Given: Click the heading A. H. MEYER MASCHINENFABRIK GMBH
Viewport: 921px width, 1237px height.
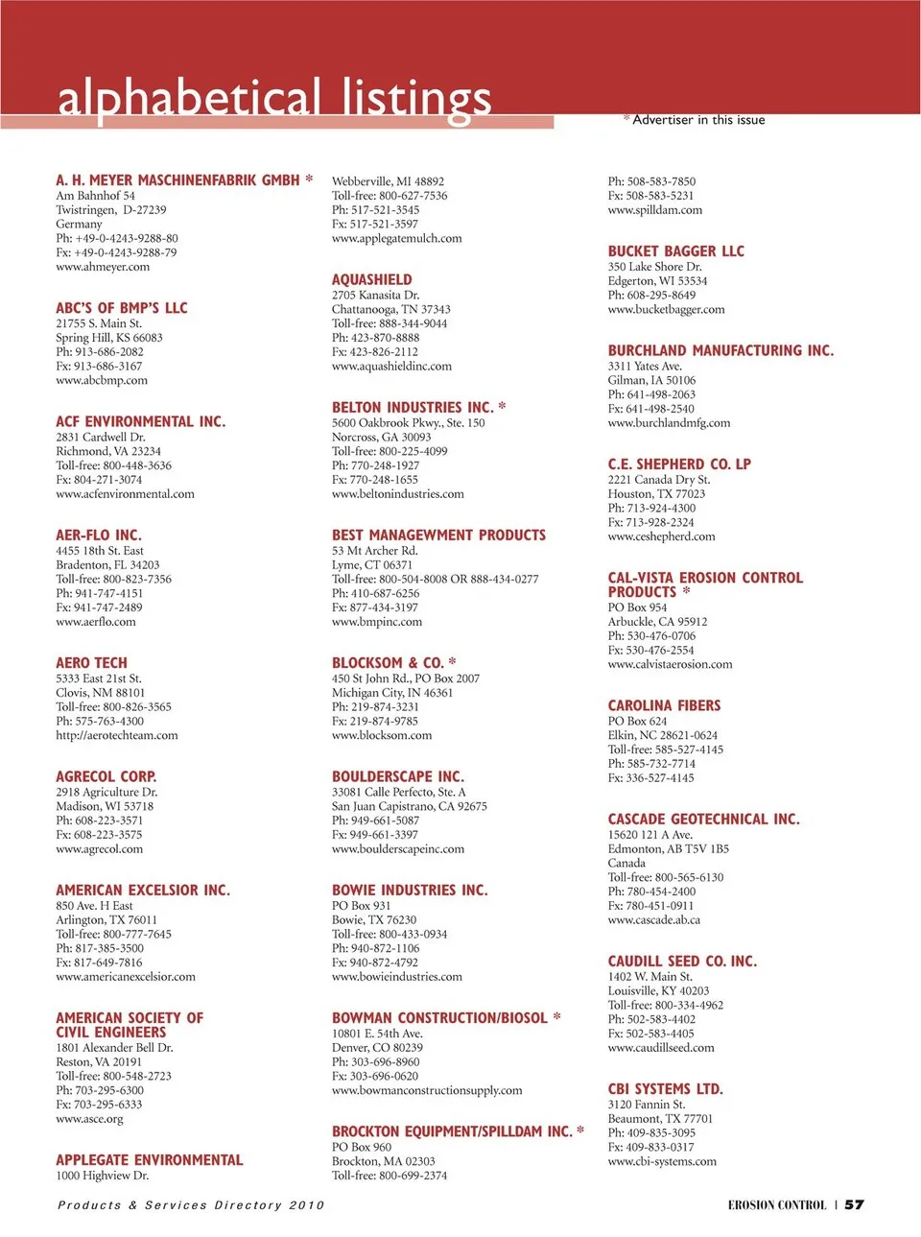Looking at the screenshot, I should [x=177, y=180].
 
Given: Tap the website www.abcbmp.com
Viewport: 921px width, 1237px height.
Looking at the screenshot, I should [x=102, y=380].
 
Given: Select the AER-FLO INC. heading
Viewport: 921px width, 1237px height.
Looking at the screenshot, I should [x=98, y=535].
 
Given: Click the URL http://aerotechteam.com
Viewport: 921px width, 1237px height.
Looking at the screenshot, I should [x=117, y=735].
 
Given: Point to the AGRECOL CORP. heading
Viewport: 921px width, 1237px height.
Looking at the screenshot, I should [x=106, y=776].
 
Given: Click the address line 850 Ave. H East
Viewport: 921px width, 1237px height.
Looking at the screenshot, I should [x=94, y=905].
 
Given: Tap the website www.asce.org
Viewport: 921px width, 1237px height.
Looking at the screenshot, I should [x=89, y=1118].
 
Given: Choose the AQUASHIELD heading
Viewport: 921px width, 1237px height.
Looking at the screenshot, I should [x=371, y=279].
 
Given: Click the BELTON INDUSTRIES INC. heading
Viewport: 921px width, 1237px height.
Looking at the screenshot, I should [x=413, y=407].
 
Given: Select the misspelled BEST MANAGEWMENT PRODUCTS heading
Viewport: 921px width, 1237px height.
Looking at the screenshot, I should [x=438, y=535].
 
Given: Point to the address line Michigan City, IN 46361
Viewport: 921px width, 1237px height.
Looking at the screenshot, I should [x=391, y=692].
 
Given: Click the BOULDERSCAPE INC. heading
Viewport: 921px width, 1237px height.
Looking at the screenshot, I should [x=397, y=776].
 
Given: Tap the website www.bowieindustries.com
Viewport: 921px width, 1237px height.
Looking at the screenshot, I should [x=396, y=976].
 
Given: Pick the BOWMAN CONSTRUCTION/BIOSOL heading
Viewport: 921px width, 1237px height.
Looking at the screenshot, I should [x=439, y=1017].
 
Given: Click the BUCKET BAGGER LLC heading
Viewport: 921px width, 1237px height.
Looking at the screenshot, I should [x=675, y=250].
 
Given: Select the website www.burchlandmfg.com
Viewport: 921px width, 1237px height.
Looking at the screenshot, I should [x=669, y=422].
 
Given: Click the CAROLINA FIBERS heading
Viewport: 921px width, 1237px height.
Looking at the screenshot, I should [x=664, y=705].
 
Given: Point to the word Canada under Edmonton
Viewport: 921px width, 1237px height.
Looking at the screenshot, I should [x=626, y=863].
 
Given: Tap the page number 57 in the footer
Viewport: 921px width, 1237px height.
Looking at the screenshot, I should [x=854, y=1204].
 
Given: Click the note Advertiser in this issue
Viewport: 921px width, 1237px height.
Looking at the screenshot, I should [x=698, y=120].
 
